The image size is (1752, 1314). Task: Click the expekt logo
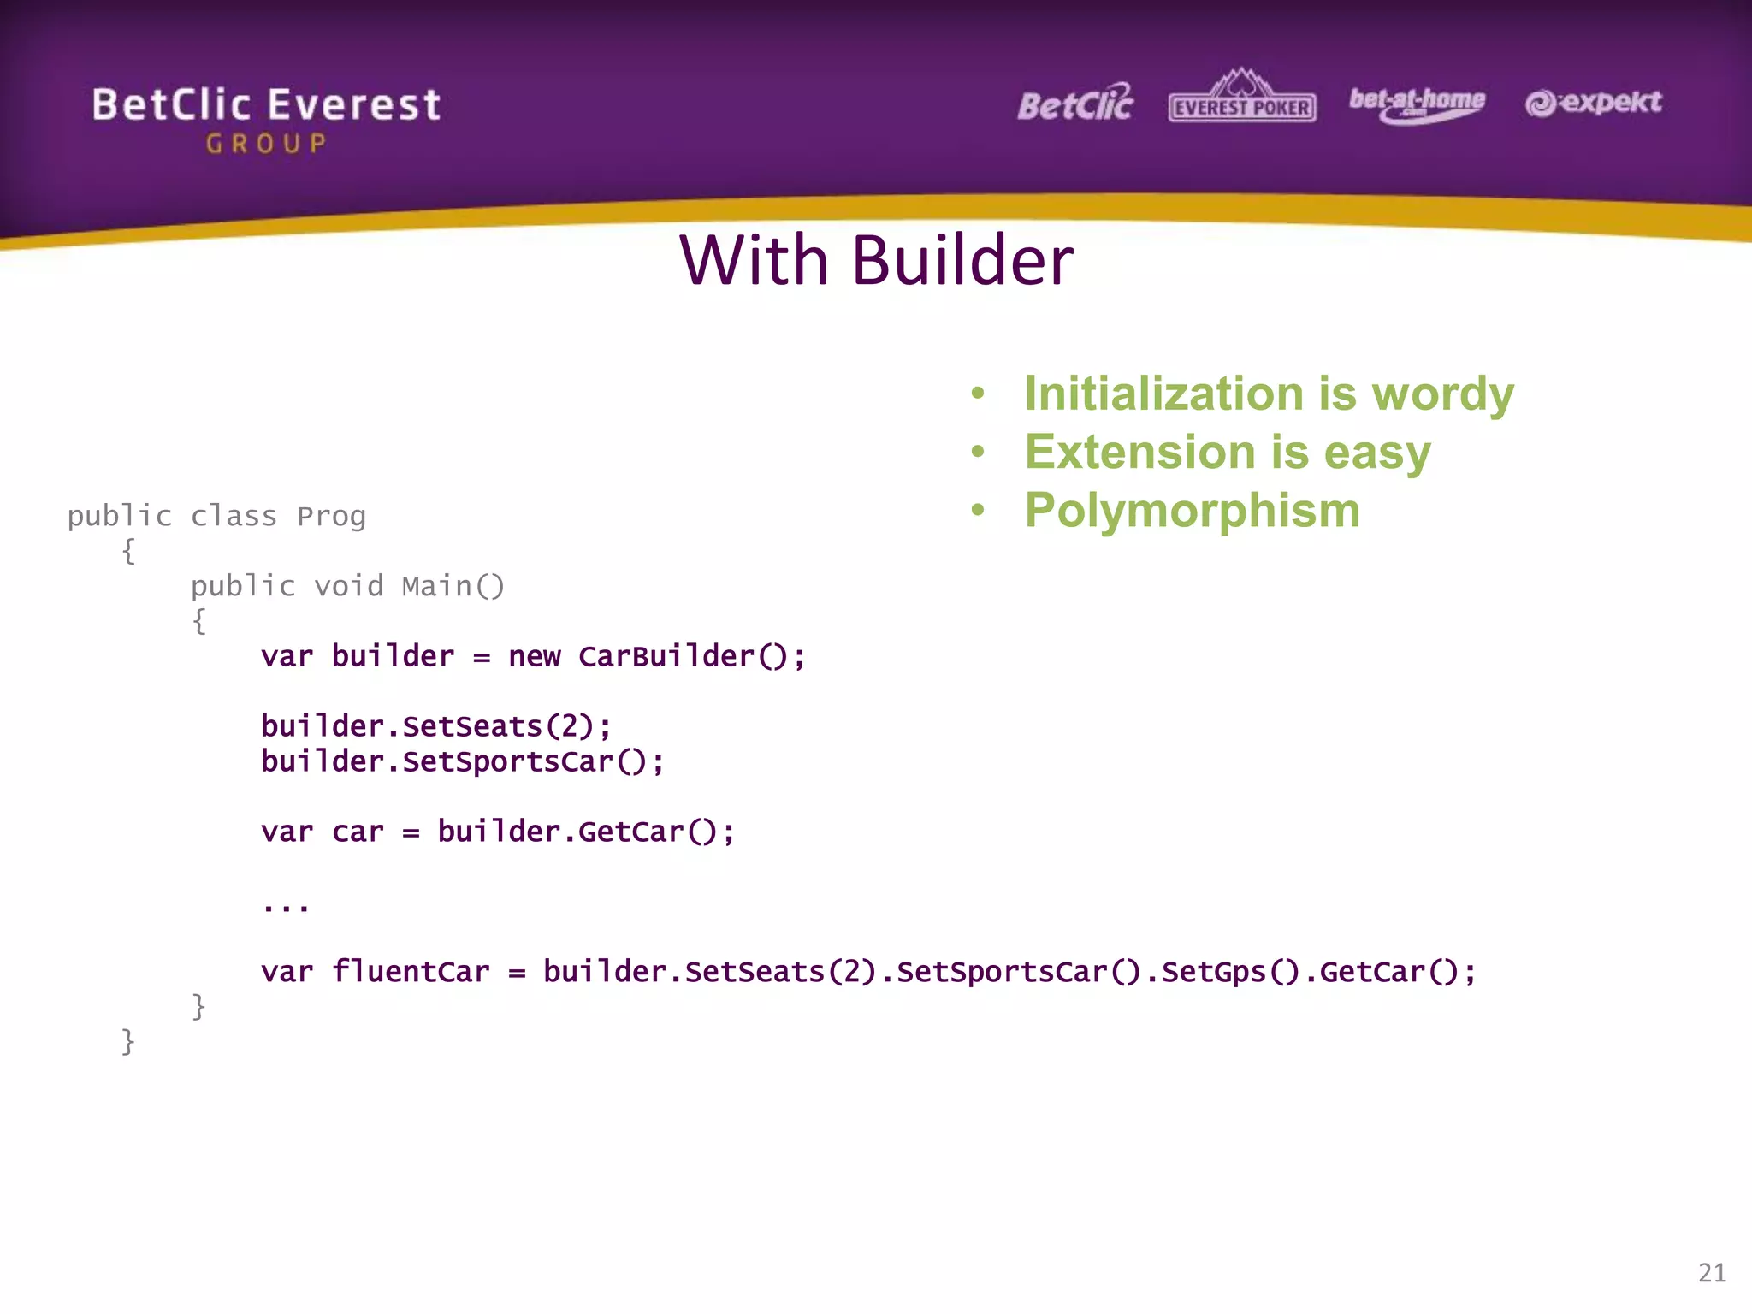(1593, 103)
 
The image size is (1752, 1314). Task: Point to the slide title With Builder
(876, 260)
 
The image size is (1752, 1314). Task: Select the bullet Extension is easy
(1227, 453)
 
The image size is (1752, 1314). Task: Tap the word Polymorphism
(1192, 511)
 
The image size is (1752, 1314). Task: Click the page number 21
(1712, 1273)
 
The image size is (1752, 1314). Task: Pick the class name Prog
(332, 517)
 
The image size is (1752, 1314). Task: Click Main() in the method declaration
(453, 587)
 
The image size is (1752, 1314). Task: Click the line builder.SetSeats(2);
(436, 726)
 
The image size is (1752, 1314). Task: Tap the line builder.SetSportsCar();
(462, 761)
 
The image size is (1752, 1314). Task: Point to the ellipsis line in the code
(286, 905)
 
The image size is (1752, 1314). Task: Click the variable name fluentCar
(411, 972)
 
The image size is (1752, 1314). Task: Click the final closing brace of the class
(128, 1041)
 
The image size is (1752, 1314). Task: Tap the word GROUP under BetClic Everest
(266, 144)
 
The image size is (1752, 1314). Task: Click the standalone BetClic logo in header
(1074, 104)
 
